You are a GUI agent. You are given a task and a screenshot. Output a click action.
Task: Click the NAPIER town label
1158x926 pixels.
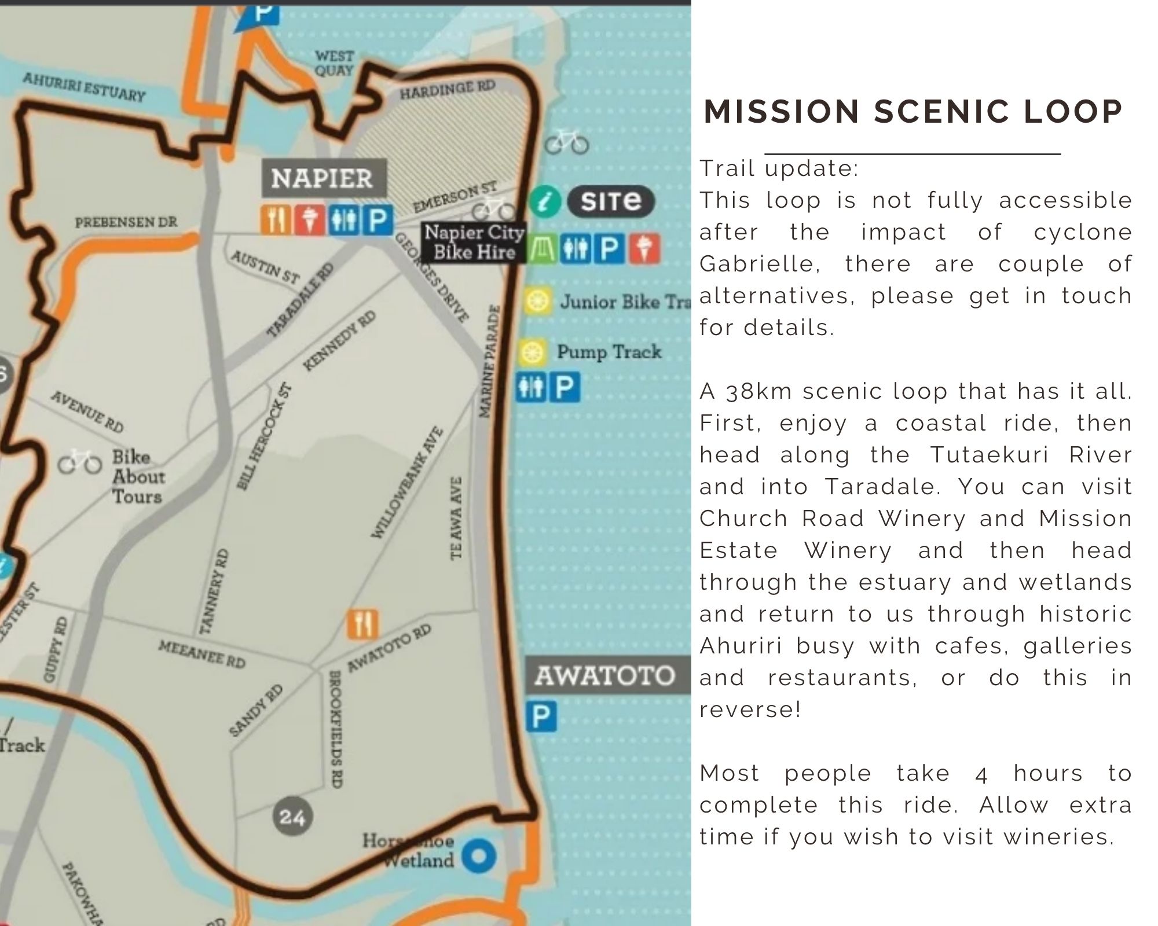[x=321, y=178]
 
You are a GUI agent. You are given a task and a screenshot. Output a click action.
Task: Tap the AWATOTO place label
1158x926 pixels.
[x=604, y=675]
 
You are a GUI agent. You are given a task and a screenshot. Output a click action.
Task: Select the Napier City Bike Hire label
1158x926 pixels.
[x=474, y=242]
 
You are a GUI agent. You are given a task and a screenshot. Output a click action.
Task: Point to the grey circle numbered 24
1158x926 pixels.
[x=292, y=817]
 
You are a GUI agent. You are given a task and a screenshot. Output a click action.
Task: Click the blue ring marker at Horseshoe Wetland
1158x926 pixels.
[x=479, y=856]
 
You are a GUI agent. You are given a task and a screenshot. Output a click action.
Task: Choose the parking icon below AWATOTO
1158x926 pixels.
[x=541, y=716]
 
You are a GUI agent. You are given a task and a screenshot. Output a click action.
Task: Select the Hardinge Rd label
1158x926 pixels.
[x=448, y=90]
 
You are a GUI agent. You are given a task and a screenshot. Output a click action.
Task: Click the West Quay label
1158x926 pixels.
[x=334, y=63]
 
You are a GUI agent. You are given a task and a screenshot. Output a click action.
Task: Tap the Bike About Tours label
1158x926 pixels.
[x=138, y=477]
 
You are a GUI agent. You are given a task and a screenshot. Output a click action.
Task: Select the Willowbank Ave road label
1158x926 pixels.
[x=407, y=483]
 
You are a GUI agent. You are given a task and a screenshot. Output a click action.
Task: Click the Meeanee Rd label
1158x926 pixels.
[x=201, y=654]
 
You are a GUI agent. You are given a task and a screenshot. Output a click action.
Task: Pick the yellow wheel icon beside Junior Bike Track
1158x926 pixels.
[x=536, y=301]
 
